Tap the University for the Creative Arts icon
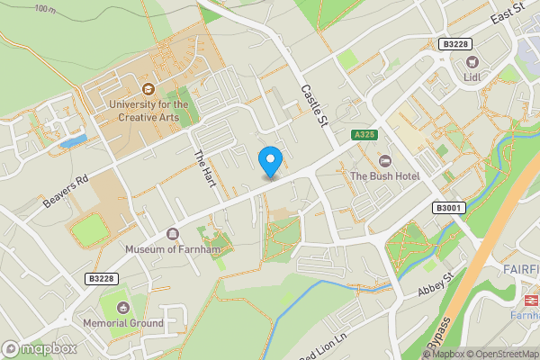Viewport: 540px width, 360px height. click(148, 89)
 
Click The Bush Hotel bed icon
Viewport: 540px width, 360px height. click(385, 160)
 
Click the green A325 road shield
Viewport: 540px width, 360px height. click(364, 135)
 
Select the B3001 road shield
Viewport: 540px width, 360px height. click(447, 208)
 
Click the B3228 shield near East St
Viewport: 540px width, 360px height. click(456, 43)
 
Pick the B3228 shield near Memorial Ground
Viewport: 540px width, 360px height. click(103, 279)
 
